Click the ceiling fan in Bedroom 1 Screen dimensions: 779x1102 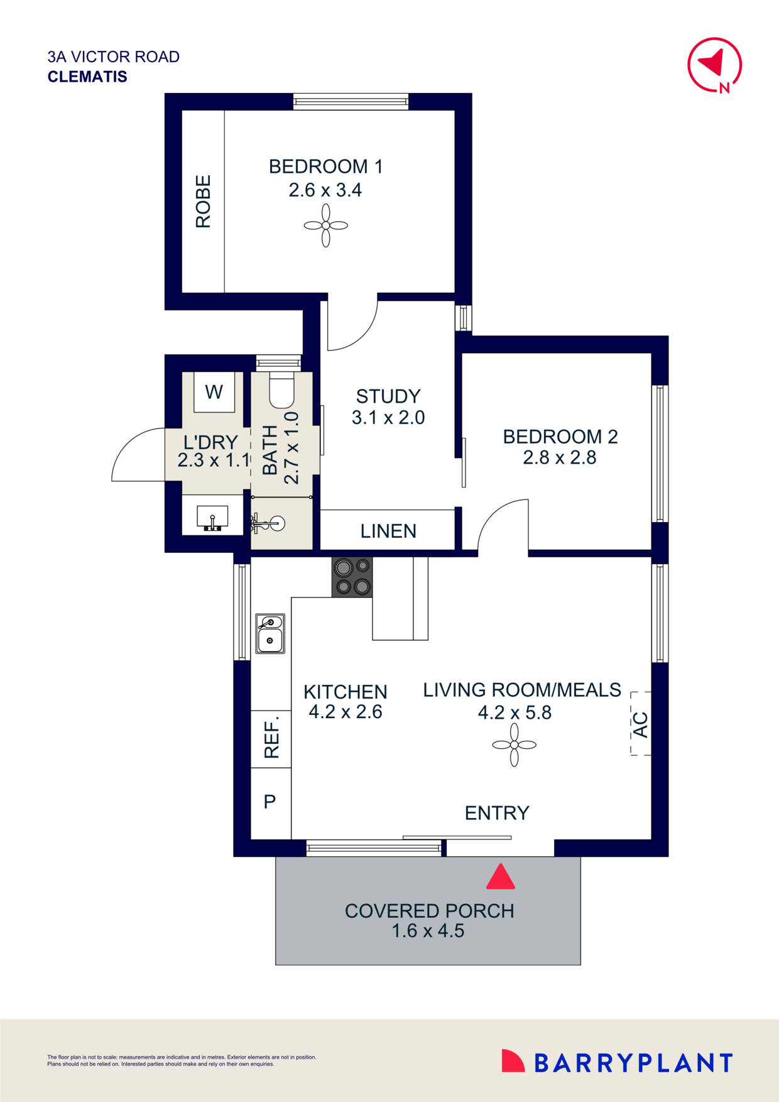(325, 226)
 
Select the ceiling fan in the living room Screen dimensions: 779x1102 (515, 745)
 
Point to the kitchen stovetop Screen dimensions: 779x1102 (352, 577)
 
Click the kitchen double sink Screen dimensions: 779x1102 (270, 634)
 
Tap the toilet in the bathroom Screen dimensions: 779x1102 (281, 390)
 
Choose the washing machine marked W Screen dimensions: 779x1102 (214, 392)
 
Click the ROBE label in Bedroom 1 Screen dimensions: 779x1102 (203, 201)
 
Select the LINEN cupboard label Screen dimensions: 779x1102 (388, 531)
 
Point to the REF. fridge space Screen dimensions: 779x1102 (271, 739)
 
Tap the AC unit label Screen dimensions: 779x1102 (640, 724)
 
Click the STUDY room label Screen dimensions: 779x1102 (388, 396)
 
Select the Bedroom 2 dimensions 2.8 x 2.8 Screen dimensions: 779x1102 (560, 457)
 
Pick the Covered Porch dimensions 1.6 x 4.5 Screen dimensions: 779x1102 (428, 930)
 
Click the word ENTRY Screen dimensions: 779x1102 (497, 813)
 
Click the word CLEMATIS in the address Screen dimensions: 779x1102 (87, 77)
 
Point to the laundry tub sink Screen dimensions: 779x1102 (213, 519)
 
